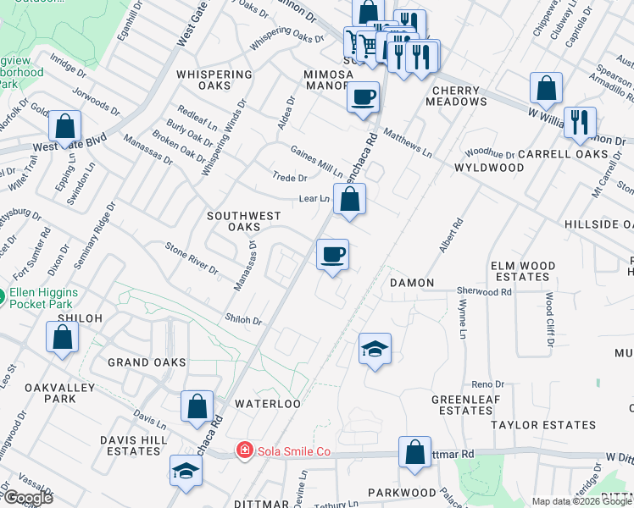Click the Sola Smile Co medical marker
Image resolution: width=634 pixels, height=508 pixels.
[x=244, y=450]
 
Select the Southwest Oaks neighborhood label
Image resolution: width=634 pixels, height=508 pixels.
[x=244, y=221]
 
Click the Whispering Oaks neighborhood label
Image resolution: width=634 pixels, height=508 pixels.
[x=214, y=80]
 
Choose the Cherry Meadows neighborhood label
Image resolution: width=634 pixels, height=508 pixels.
[x=459, y=95]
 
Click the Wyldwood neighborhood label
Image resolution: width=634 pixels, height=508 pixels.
[x=489, y=168]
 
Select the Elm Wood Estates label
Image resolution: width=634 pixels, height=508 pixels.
[x=523, y=271]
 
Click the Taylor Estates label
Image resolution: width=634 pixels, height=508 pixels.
[x=538, y=421]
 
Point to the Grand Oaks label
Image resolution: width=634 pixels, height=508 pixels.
[x=147, y=362]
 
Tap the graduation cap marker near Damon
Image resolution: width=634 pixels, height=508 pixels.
[x=375, y=349]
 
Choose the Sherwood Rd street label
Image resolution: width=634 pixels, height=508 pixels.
[x=485, y=291]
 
